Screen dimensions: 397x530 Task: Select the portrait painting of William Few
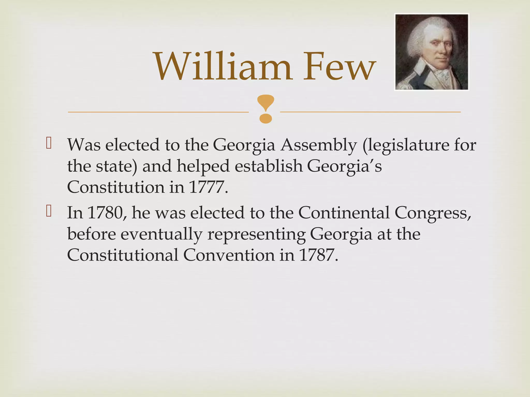(431, 52)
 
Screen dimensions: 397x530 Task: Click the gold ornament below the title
(266, 109)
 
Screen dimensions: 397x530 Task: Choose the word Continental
(344, 213)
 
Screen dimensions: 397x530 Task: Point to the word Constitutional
(123, 255)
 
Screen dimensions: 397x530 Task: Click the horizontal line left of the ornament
(158, 112)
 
